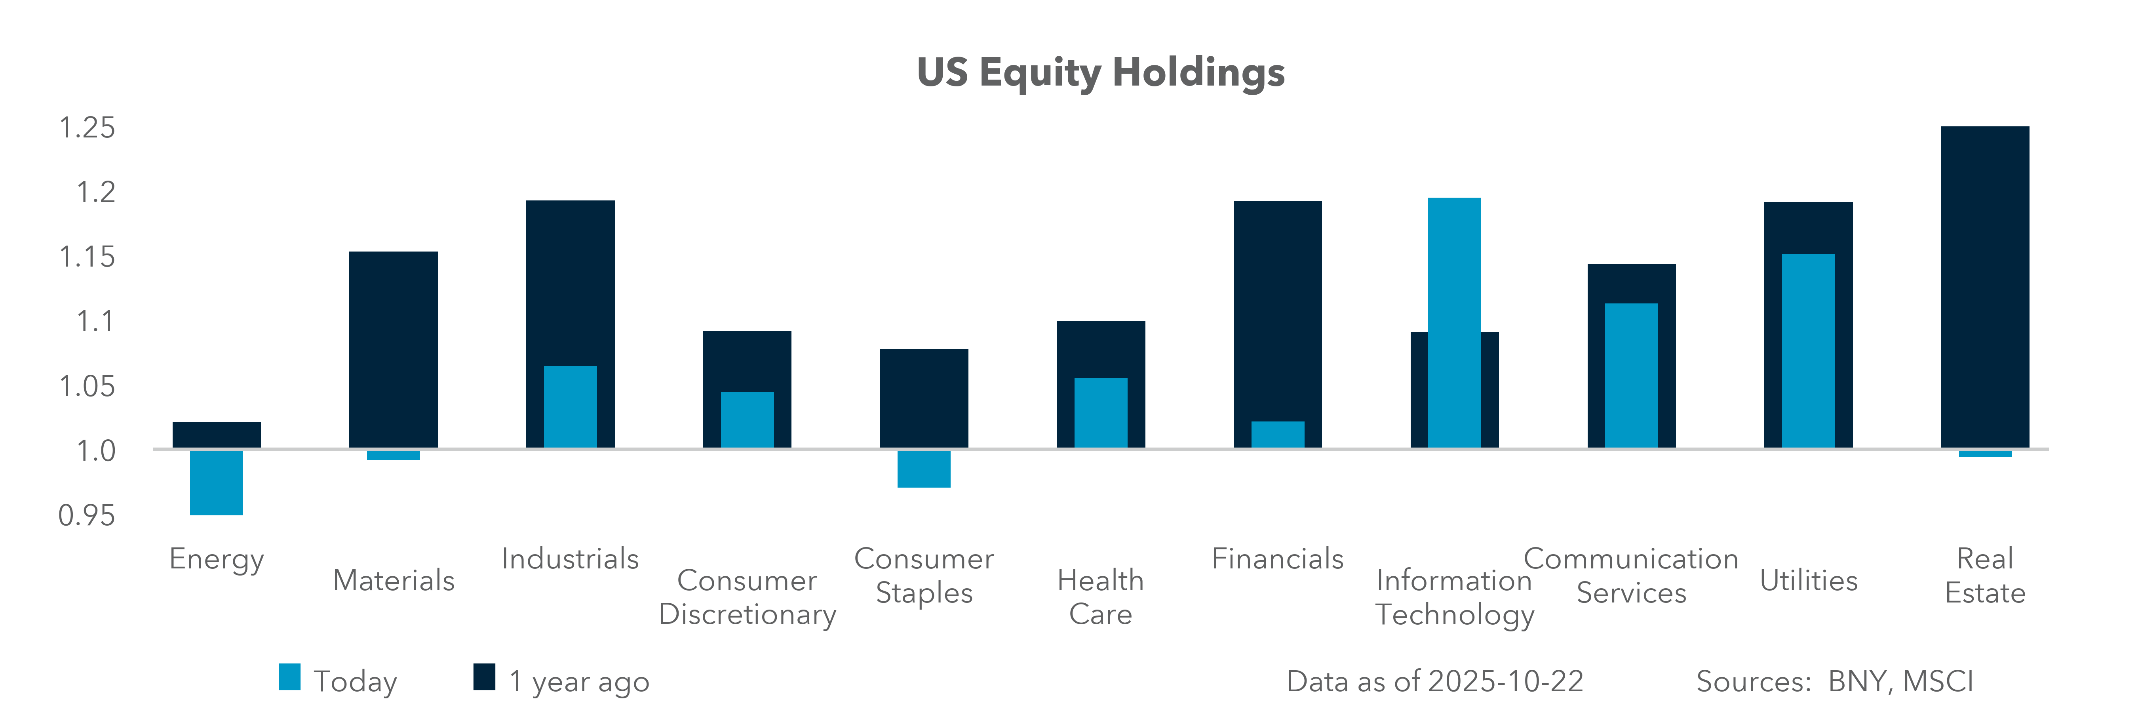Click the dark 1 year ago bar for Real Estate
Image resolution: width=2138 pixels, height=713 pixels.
click(x=1984, y=286)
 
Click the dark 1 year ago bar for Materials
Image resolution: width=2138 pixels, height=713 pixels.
click(x=394, y=349)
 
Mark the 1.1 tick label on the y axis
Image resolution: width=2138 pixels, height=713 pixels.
click(x=95, y=321)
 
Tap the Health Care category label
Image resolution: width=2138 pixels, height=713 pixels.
click(x=1101, y=597)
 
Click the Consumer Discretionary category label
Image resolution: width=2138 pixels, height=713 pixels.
click(x=747, y=597)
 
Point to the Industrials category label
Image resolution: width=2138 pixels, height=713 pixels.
click(x=570, y=559)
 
